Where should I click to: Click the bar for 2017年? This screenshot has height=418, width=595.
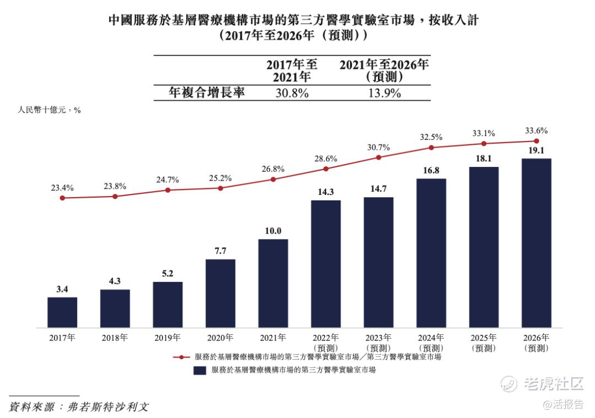pos(62,312)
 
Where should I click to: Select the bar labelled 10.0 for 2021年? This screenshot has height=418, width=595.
pos(273,283)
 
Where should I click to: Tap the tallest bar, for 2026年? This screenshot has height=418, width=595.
pos(537,243)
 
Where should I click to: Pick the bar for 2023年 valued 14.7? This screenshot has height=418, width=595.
pos(378,262)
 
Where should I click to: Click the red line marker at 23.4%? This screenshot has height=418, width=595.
pos(62,198)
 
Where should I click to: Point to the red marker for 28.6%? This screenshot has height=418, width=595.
pos(326,169)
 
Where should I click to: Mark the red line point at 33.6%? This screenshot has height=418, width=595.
pos(537,141)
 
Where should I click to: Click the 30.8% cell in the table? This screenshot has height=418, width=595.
pos(291,93)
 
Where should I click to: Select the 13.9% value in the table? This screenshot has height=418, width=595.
pos(384,93)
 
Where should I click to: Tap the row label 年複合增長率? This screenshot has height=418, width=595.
pos(207,93)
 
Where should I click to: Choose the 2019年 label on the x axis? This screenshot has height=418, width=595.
pos(168,338)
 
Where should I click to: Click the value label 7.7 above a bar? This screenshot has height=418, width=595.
pos(220,251)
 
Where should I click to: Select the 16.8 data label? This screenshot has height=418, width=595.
pos(431,171)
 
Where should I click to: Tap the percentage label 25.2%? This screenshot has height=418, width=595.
pos(220,178)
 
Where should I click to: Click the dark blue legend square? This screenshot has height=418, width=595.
pos(199,370)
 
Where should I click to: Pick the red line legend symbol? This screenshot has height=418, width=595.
pos(182,357)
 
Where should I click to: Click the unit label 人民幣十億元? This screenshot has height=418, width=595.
pos(42,110)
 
